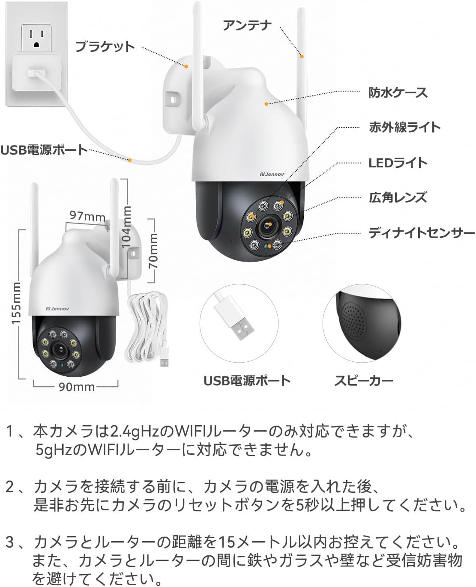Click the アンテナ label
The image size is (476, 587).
[247, 25]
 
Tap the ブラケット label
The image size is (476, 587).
[105, 46]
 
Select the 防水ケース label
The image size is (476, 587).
[398, 92]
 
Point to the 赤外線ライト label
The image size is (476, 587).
[404, 127]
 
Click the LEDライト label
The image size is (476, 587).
[398, 163]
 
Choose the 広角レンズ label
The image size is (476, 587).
[398, 197]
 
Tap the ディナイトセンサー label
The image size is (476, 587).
[422, 233]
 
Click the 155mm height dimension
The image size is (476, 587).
[17, 303]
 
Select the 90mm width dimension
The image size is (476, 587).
[76, 387]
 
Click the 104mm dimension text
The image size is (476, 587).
[126, 226]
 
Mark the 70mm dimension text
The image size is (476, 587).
[153, 251]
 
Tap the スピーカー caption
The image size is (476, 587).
[363, 381]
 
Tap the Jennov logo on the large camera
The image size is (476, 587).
[273, 174]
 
